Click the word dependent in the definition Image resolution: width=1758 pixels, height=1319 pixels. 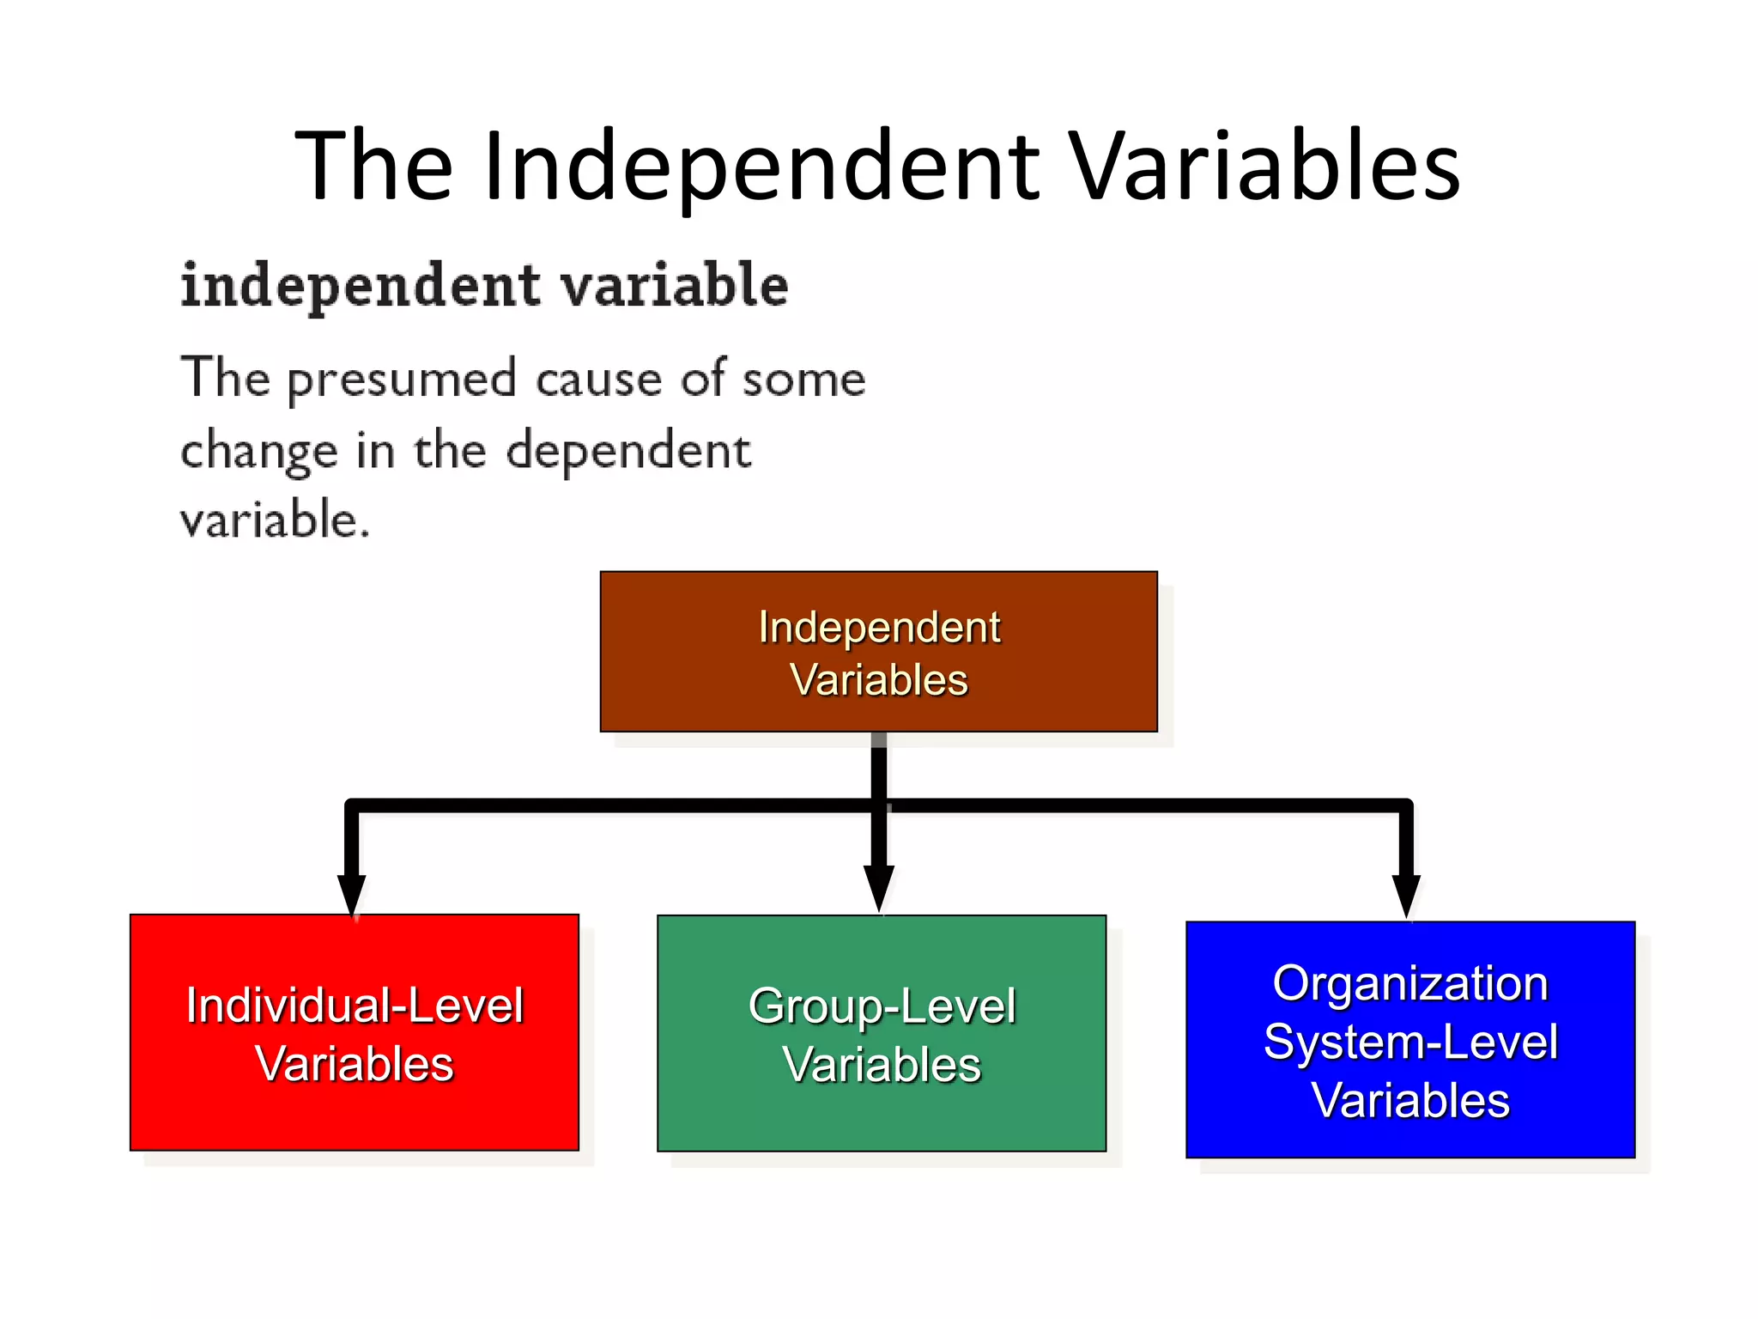point(628,452)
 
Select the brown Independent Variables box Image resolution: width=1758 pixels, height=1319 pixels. point(878,652)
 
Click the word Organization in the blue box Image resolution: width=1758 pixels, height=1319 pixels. point(1409,983)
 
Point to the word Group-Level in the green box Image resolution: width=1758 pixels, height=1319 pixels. point(882,1006)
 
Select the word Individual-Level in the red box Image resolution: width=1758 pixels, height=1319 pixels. point(355,1006)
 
